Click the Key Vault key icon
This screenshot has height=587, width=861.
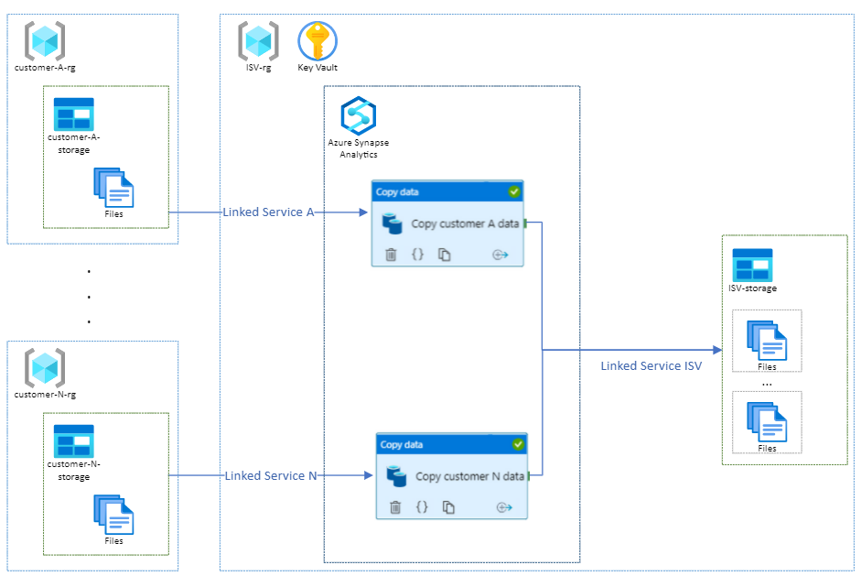point(317,41)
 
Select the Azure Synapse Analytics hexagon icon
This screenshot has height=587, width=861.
point(359,116)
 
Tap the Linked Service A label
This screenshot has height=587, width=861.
point(268,212)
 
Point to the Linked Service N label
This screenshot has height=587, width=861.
point(271,476)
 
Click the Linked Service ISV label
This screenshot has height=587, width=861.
point(651,366)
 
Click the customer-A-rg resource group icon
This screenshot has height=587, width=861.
point(45,41)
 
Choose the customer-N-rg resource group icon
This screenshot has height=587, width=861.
point(45,367)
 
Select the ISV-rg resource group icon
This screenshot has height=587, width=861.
point(259,41)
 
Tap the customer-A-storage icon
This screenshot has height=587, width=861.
point(73,114)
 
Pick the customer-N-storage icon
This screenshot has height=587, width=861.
point(73,440)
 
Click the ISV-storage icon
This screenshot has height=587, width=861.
point(752,265)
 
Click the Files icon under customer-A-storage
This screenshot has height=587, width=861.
point(113,188)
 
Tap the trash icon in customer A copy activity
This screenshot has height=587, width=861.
point(392,255)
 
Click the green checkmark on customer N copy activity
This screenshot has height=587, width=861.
point(519,444)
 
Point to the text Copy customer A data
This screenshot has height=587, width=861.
point(465,223)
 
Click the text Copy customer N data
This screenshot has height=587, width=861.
point(469,476)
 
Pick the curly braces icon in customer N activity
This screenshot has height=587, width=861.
point(422,506)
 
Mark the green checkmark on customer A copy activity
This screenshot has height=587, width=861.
point(514,191)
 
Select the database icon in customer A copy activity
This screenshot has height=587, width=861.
point(393,223)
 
